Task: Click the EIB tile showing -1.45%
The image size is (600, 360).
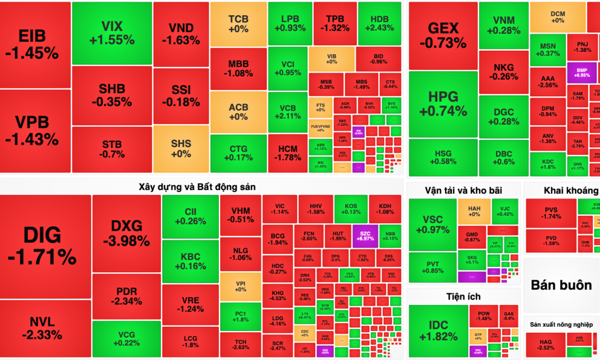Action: [x=35, y=44]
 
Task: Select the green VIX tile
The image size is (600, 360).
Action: [x=111, y=33]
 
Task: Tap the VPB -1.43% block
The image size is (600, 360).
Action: [x=35, y=131]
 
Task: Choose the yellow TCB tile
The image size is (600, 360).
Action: [x=238, y=24]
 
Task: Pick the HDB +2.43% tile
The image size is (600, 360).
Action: [x=379, y=23]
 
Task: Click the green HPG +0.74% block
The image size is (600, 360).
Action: [x=443, y=104]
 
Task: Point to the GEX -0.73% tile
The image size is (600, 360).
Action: [x=443, y=36]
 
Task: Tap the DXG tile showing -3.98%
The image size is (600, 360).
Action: [x=126, y=233]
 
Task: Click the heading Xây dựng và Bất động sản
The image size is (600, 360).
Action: [x=197, y=187]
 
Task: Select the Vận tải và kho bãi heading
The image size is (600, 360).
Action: [x=463, y=191]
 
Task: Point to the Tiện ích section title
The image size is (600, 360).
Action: [x=463, y=296]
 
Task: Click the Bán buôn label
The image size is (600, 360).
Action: [x=561, y=285]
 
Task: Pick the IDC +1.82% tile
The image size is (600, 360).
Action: [x=438, y=330]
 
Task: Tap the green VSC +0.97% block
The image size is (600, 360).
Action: [x=432, y=224]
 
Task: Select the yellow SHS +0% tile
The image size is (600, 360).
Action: [x=181, y=148]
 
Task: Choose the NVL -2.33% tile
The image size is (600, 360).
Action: [x=45, y=329]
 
